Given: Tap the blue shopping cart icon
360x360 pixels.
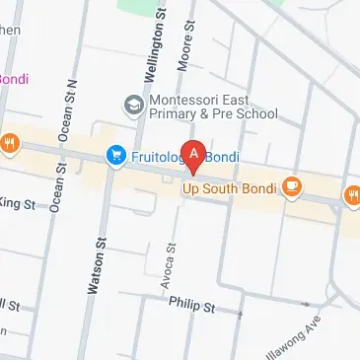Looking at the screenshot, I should pyautogui.click(x=115, y=155).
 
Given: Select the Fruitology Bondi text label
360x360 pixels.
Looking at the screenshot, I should pyautogui.click(x=182, y=156).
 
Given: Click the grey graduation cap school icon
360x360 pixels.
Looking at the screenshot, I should pyautogui.click(x=132, y=104).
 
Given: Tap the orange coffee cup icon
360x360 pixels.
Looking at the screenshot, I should pyautogui.click(x=291, y=185).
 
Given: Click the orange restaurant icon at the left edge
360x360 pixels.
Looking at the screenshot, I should pyautogui.click(x=9, y=143).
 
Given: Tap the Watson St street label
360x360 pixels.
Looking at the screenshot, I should pyautogui.click(x=99, y=264).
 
